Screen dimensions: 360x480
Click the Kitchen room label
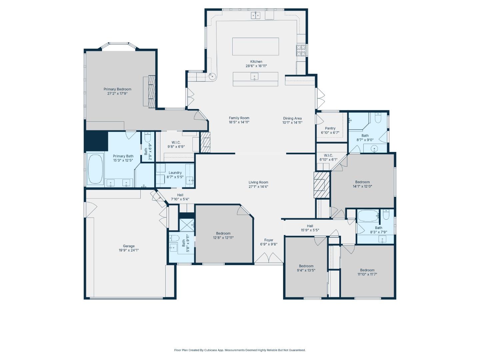point(256,62)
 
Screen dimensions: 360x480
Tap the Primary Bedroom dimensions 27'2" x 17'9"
point(117,94)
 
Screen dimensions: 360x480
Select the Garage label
point(129,246)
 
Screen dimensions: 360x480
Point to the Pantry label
point(330,128)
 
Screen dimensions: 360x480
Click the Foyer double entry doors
point(269,258)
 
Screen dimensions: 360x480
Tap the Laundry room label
point(175,173)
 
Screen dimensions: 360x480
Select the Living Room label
point(258,182)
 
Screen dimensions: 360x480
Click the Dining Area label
point(292,118)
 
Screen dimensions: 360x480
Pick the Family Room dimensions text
point(239,122)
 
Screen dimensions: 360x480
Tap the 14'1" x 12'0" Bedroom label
point(362,182)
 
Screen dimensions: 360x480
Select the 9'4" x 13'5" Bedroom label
point(306,266)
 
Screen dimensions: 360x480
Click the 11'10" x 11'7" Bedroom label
point(367,270)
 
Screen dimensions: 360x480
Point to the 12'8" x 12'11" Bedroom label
point(223,233)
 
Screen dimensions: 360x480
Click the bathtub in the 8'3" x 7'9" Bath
point(368,216)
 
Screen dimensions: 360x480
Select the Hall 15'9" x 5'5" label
point(310,226)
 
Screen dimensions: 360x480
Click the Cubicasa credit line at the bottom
point(240,350)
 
